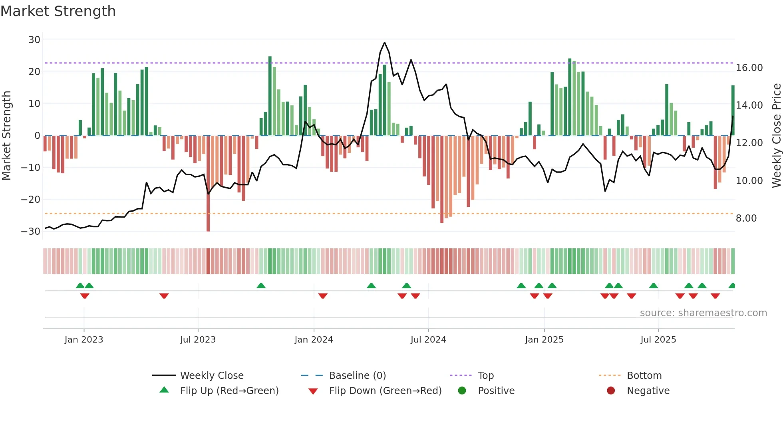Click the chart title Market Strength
(x=58, y=11)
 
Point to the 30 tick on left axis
(x=34, y=40)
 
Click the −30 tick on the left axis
(x=31, y=232)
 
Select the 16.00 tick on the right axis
(x=749, y=68)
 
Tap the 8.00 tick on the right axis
(x=746, y=218)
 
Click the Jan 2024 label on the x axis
(x=314, y=340)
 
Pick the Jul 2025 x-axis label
(x=658, y=340)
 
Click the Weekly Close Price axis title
(x=776, y=136)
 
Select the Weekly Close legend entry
(x=211, y=376)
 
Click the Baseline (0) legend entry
(x=357, y=376)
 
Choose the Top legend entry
(x=485, y=376)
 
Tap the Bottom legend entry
(x=644, y=376)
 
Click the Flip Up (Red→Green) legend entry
(x=229, y=391)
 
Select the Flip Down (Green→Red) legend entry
(x=385, y=391)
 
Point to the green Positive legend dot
(x=462, y=391)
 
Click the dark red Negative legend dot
(x=611, y=391)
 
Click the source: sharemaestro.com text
(x=703, y=313)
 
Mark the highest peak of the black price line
(x=384, y=43)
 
